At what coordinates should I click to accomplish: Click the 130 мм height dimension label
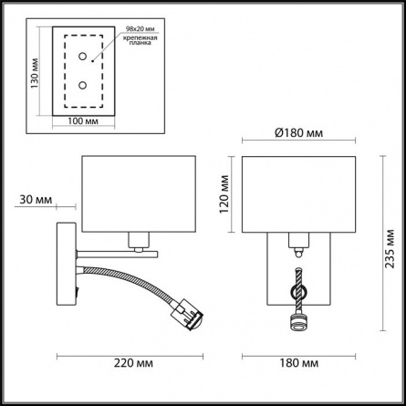[x=35, y=73]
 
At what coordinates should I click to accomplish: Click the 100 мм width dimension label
[x=83, y=121]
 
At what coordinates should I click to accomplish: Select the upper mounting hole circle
[x=82, y=57]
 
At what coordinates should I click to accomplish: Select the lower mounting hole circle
[x=82, y=85]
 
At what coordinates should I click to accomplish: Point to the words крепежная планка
[x=141, y=40]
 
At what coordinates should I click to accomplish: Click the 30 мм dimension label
[x=36, y=200]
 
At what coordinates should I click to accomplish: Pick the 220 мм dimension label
[x=133, y=363]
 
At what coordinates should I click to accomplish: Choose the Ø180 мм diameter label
[x=298, y=133]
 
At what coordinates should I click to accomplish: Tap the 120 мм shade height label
[x=224, y=194]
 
